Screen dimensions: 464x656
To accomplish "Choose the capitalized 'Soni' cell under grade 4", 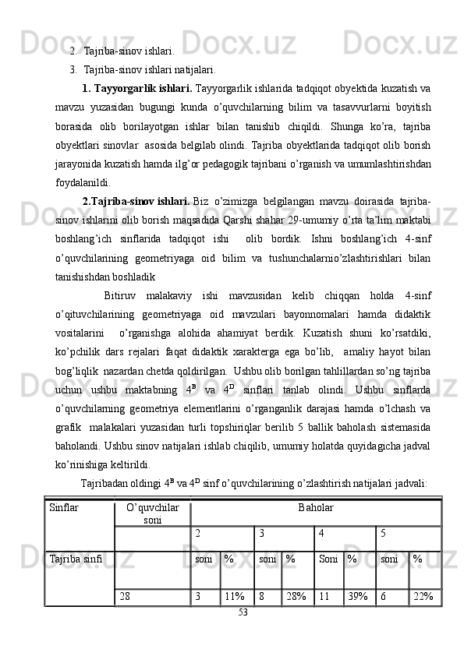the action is tap(328, 559).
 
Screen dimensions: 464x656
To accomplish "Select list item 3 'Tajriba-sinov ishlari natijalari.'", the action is tap(150, 69).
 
